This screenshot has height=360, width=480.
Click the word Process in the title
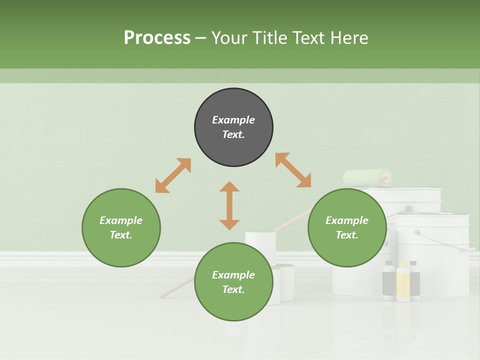[157, 38]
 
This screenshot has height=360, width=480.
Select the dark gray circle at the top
[233, 127]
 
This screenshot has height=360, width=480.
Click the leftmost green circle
[121, 228]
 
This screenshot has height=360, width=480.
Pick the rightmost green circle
[347, 228]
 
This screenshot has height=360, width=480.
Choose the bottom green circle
[233, 282]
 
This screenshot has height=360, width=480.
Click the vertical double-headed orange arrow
[229, 205]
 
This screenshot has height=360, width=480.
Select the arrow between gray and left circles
[173, 175]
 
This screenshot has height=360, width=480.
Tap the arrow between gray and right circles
[293, 170]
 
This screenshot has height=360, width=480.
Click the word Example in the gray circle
[233, 120]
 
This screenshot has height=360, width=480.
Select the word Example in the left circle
[121, 220]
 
